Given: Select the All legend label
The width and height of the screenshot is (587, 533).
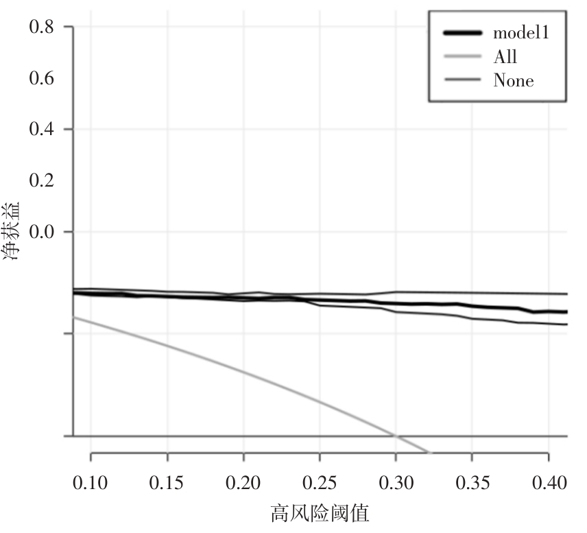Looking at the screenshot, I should coord(505,57).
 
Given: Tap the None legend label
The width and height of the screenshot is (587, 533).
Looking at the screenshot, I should coord(513,81).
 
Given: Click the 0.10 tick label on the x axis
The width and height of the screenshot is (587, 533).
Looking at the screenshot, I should coord(91,482).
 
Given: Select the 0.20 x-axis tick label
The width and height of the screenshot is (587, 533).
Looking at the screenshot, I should coord(243,482).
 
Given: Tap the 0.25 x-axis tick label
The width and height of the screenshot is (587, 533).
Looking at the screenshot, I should coord(320,482).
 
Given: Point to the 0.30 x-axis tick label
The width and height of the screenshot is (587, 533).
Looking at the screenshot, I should coord(396,482).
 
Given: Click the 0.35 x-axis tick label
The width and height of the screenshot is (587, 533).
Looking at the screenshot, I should coord(472,482).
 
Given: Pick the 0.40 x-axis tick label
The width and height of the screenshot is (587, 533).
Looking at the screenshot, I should coord(548,482).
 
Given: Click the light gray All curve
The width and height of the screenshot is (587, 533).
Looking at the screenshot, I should coord(243,372).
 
